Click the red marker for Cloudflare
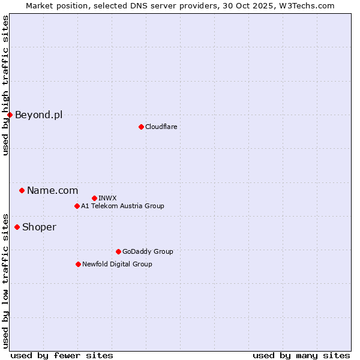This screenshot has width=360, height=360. [x=141, y=127]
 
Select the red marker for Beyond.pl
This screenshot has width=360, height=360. [x=10, y=115]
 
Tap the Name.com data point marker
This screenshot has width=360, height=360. [x=22, y=190]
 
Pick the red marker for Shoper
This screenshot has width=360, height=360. [x=17, y=227]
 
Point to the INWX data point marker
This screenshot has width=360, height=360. [x=94, y=198]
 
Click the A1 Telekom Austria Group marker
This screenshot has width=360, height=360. [x=77, y=206]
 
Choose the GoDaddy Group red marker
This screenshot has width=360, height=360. [x=118, y=251]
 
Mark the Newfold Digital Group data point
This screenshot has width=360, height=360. [x=78, y=264]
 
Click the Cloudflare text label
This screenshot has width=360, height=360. [x=161, y=127]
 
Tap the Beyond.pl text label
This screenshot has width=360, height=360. [x=38, y=115]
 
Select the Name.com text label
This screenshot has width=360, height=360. [x=52, y=190]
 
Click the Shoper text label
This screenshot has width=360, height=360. [x=39, y=227]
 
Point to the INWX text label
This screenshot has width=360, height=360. [x=107, y=198]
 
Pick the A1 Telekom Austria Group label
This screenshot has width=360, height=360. [x=122, y=206]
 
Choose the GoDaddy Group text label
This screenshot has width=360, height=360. [x=148, y=251]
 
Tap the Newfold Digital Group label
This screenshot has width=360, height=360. [x=117, y=264]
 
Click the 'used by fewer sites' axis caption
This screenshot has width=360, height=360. [x=62, y=355]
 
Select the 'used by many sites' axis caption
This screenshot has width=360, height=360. [x=301, y=355]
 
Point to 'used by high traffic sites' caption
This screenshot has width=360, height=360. [x=5, y=85]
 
